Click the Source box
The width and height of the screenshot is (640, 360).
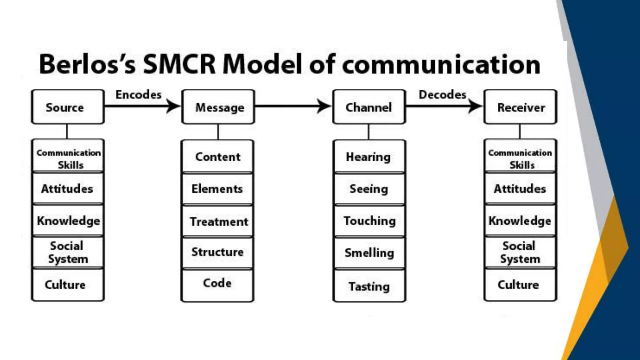click(x=67, y=107)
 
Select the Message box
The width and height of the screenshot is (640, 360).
click(x=218, y=107)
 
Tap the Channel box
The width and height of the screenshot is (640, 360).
click(x=369, y=107)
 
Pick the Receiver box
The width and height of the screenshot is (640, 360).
click(x=520, y=107)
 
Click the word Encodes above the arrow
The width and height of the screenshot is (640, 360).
click(x=138, y=95)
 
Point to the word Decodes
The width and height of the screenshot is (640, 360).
click(x=442, y=95)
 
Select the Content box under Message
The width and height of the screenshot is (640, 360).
click(x=217, y=157)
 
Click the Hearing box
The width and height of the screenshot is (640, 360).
click(x=369, y=157)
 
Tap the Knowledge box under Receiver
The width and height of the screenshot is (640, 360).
click(x=520, y=221)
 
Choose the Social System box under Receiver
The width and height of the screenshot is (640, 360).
click(x=520, y=252)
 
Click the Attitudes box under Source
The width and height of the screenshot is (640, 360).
click(x=67, y=189)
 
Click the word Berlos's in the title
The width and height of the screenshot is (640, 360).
click(x=87, y=64)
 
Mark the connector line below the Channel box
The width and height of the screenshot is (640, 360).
click(x=369, y=132)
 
